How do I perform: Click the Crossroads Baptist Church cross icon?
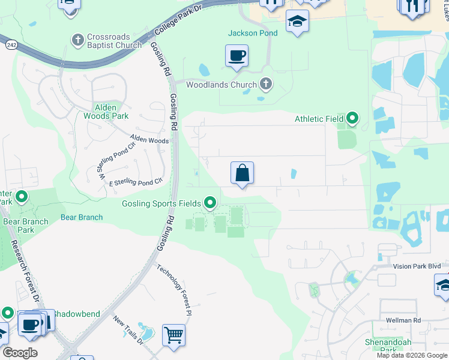click(77, 40)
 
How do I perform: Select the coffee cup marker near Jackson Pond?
click(237, 56)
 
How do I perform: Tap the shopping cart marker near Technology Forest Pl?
click(173, 334)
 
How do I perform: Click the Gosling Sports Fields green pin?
click(210, 203)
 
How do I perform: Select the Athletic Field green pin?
click(352, 119)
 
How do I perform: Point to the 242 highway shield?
click(11, 44)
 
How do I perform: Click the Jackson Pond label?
click(253, 33)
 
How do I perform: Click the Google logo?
click(20, 353)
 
